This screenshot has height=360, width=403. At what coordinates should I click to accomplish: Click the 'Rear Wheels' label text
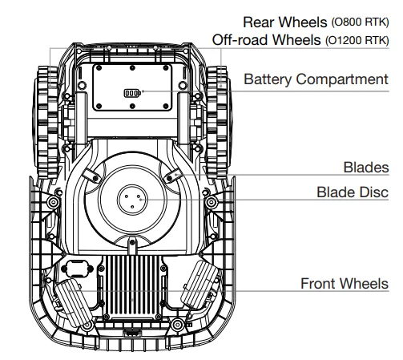point(285,22)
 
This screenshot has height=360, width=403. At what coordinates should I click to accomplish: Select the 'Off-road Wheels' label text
point(266,40)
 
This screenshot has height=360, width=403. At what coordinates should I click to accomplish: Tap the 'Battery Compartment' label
point(316,79)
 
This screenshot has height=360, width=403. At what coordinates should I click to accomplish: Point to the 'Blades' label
point(366,168)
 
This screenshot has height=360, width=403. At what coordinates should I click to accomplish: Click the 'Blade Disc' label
point(353,192)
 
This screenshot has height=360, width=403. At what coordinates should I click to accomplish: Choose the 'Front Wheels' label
point(345,284)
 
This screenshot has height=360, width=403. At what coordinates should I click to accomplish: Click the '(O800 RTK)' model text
point(360,22)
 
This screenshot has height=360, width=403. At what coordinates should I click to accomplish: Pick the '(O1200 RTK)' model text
point(357,40)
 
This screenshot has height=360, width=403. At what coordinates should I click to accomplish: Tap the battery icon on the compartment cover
point(132,93)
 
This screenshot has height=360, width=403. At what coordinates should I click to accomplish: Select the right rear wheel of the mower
point(218,122)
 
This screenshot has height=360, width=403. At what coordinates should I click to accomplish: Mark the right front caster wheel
point(199,284)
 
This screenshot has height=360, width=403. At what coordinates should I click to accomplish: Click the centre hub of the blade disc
point(132,199)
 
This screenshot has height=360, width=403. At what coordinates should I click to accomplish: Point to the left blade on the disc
point(91,176)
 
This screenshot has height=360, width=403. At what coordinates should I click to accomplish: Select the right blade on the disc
point(173,176)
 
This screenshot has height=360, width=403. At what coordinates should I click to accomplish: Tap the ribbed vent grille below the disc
point(132,286)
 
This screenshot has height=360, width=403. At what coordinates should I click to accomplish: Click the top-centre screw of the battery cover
point(132,68)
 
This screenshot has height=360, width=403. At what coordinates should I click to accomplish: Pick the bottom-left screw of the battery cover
point(99,107)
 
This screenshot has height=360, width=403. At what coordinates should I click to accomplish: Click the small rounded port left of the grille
point(78,269)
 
